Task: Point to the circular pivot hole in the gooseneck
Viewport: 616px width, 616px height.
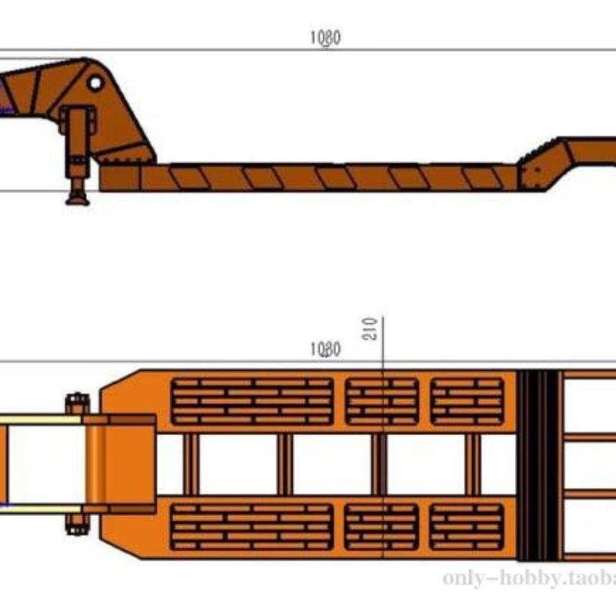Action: pos(95,81)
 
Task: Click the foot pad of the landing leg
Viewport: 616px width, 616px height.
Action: pos(77,199)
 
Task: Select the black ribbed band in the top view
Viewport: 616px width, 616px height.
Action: pos(537,465)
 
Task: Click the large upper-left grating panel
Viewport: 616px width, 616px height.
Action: pos(252,401)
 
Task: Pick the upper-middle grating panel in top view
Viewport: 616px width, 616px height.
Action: pos(382,401)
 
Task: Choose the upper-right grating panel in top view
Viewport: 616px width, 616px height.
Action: pos(467,401)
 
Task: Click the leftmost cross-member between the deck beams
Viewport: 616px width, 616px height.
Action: pos(191,464)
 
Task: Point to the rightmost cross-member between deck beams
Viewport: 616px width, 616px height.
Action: pos(474,464)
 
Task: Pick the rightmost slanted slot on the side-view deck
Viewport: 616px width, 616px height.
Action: pos(481,178)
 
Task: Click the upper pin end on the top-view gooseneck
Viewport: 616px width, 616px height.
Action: pos(77,403)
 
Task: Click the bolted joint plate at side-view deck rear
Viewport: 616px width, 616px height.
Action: pos(531,172)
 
